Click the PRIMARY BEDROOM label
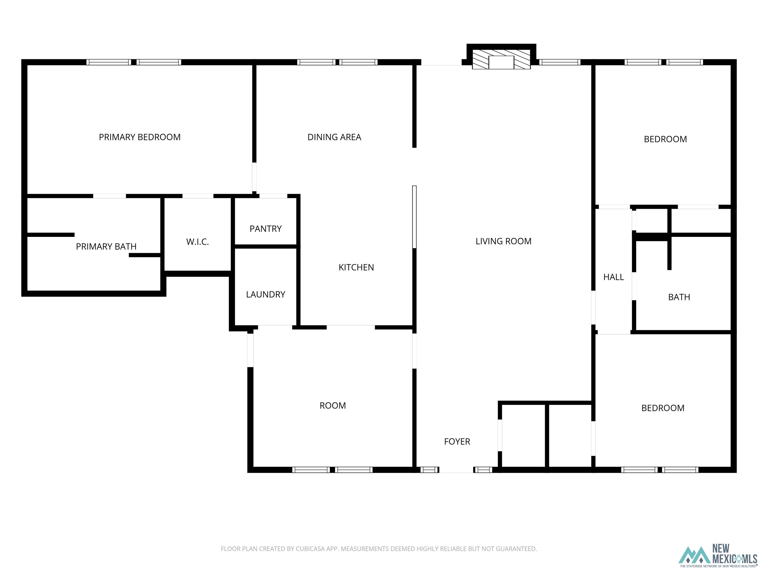(139, 137)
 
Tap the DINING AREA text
(334, 137)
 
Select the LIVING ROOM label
(503, 241)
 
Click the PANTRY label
(265, 229)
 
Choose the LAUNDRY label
(265, 294)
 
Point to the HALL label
(613, 277)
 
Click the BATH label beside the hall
(679, 297)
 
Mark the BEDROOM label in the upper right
(665, 139)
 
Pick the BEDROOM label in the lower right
(663, 408)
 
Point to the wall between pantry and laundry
(265, 247)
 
